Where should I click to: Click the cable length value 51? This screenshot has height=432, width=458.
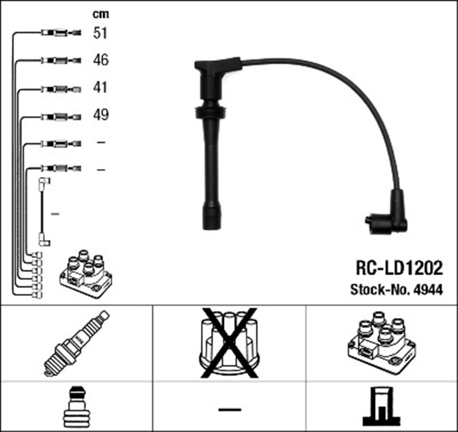[100, 32]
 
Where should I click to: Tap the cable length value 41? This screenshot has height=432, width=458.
[100, 87]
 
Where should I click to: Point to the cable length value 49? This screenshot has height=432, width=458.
[100, 115]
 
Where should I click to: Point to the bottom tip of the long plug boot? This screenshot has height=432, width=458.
[211, 223]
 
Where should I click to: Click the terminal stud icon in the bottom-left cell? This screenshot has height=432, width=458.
[77, 407]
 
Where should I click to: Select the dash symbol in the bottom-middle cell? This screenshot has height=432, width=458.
[230, 409]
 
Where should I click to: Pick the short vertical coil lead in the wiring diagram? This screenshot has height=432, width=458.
[44, 213]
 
